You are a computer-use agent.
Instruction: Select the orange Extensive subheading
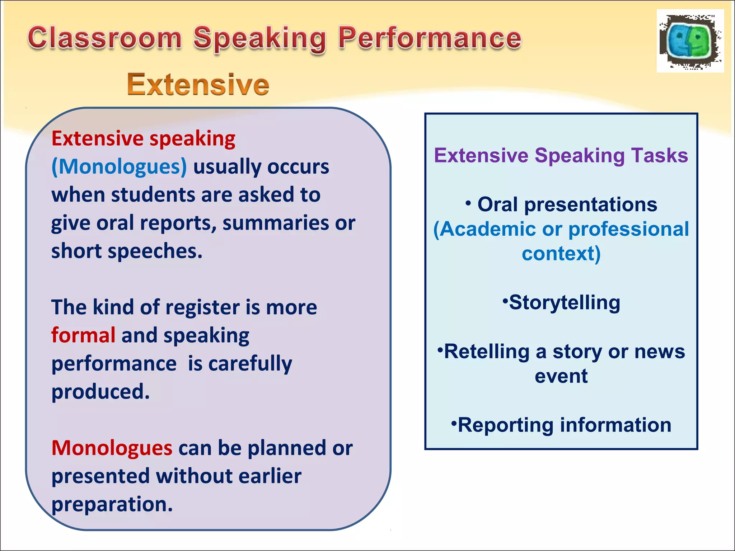point(198,85)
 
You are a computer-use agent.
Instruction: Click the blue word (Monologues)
point(119,167)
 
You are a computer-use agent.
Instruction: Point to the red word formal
point(83,335)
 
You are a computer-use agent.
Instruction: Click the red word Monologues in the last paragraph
point(112,448)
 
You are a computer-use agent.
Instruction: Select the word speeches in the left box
point(155,251)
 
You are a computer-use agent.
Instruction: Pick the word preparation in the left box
point(112,504)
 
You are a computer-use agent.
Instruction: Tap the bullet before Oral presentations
point(468,203)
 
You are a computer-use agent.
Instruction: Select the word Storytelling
point(565,302)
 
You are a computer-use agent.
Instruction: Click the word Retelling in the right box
point(487,351)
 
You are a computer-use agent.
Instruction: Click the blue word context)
point(561,254)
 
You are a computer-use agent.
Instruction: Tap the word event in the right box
point(561,376)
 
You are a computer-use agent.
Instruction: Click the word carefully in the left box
point(250,364)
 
